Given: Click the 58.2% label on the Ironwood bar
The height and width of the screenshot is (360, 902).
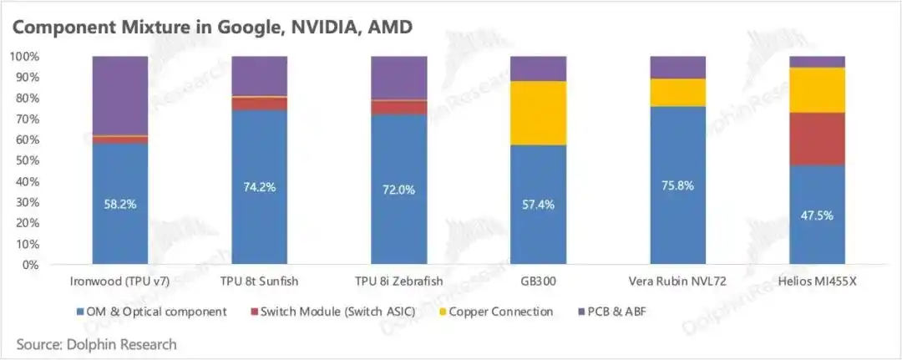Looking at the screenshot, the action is coord(120,204).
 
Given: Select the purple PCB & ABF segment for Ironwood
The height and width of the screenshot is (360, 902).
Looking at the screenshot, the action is coord(120,96).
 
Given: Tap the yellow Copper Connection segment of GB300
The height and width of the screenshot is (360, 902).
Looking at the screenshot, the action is coord(538,113).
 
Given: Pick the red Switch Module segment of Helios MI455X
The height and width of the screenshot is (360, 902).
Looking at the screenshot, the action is coord(817,139).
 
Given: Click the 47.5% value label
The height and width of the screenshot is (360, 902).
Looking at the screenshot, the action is coord(817,215).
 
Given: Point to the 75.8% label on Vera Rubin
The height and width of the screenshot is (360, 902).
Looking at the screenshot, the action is coord(677,185).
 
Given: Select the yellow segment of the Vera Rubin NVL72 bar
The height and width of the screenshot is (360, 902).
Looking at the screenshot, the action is coord(677,93).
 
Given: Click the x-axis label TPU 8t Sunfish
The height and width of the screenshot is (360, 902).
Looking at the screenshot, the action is coord(260,281).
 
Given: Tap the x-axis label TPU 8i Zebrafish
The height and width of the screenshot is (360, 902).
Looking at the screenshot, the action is coord(398,281).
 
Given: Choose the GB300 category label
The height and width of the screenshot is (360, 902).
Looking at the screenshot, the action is coord(538,281).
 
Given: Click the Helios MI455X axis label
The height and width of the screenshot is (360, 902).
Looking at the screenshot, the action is coord(817,281).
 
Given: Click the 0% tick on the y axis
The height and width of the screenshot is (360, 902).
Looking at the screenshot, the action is coord(31,265).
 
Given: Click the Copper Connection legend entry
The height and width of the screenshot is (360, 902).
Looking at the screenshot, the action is coord(496,312).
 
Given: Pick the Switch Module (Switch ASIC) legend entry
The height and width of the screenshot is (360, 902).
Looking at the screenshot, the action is coord(333,312).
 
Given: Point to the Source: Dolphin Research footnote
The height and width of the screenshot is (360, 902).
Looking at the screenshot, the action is coord(97,344).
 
